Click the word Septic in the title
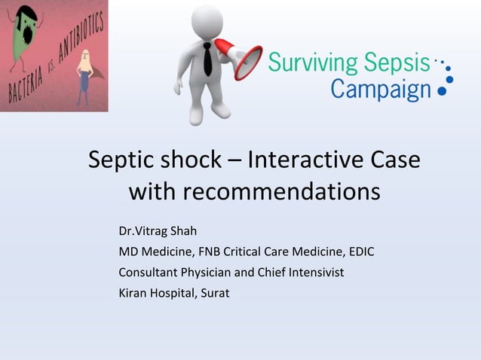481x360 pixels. pos(122,161)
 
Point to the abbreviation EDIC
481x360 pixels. pos(360,252)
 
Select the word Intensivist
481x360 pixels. pos(314,272)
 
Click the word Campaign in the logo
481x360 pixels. pos(381,90)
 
